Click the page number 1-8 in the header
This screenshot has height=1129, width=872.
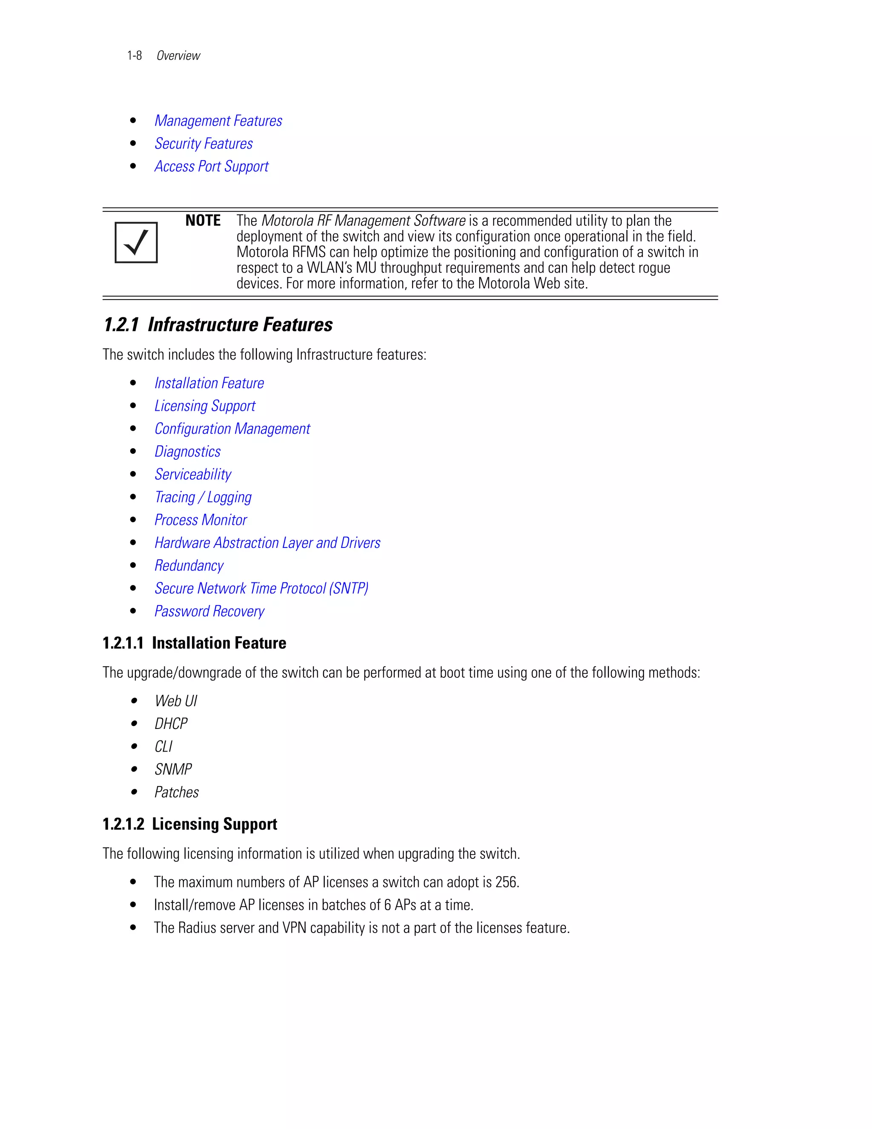[134, 55]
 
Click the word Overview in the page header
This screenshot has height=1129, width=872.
[178, 55]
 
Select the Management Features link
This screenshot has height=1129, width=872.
[218, 121]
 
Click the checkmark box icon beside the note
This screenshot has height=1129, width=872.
[136, 242]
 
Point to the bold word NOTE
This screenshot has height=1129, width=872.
[203, 220]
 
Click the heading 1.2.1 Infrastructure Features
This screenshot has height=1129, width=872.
[218, 325]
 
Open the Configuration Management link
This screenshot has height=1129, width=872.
[232, 429]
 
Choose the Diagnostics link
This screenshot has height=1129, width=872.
[187, 451]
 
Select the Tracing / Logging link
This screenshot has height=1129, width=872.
[203, 497]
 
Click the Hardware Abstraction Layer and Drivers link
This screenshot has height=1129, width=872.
[267, 542]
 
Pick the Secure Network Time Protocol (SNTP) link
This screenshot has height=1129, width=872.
[261, 588]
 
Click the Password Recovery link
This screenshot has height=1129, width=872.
[209, 611]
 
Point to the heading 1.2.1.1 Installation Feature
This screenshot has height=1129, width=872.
[194, 642]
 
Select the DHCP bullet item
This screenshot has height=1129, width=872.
[171, 723]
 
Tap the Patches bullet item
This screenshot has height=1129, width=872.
[177, 792]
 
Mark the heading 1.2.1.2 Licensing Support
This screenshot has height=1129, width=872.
[189, 824]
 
